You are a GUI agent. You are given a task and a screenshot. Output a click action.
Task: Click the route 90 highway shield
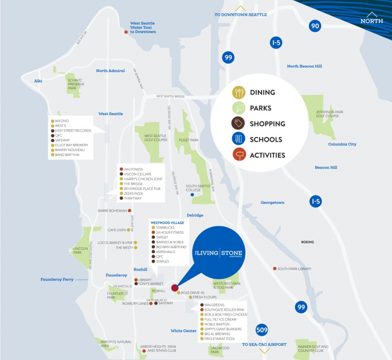click(315, 26)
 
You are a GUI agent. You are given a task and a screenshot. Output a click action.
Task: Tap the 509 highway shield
click(262, 330)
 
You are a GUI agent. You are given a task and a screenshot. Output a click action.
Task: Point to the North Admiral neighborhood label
click(110, 71)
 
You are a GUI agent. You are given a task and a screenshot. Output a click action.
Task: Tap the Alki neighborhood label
click(38, 81)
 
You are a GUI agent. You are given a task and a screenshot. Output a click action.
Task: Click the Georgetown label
click(272, 202)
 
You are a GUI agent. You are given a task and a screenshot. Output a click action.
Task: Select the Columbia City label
click(342, 144)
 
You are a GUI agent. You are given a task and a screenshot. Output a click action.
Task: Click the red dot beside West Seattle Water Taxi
click(126, 32)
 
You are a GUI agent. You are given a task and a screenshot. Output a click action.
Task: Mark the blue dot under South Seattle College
click(192, 195)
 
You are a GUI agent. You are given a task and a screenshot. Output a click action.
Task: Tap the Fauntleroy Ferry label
click(57, 280)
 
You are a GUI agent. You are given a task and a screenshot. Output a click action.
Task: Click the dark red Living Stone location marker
click(175, 288)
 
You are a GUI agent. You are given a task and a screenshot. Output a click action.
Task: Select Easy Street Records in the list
click(73, 131)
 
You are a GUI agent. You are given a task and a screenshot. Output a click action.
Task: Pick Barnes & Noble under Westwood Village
click(169, 242)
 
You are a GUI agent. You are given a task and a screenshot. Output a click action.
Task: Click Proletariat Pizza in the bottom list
click(219, 339)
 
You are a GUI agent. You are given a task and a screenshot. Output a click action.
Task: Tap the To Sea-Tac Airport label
click(264, 345)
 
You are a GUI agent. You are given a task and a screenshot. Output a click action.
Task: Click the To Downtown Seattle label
click(241, 15)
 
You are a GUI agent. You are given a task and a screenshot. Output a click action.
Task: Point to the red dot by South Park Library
click(275, 269)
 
